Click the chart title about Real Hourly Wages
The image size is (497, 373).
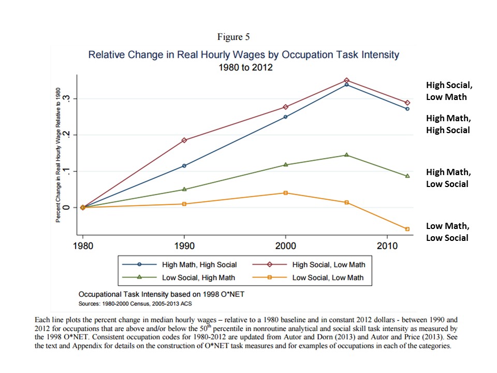click(244, 54)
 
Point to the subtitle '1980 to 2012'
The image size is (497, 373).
click(243, 66)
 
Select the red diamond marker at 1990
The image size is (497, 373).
click(184, 140)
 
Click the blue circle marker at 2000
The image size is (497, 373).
click(285, 117)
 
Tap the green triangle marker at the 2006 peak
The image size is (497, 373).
click(346, 155)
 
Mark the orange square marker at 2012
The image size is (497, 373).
click(407, 229)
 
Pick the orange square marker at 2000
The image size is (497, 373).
click(285, 193)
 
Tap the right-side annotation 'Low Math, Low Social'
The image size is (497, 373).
click(447, 232)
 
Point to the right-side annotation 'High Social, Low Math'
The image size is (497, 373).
click(446, 91)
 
